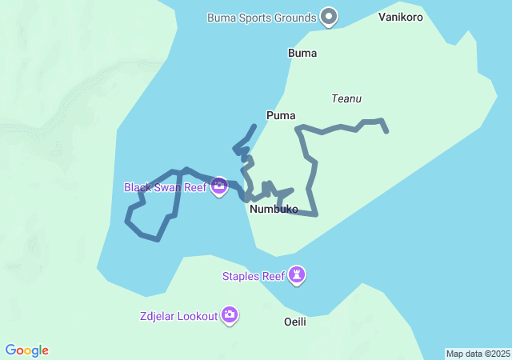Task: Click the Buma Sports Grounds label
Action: point(262,17)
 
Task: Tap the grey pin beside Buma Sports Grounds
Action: point(328,16)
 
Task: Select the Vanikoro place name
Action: point(401,17)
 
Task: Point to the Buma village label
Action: point(302,54)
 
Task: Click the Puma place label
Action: point(281,115)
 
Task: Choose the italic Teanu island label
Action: point(346,98)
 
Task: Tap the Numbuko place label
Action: point(274,210)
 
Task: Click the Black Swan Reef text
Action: point(165,187)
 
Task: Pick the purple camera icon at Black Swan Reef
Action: point(219,187)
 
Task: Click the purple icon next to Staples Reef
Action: point(298,275)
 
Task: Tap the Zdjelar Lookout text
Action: point(178,316)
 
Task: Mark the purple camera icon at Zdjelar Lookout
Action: point(230,315)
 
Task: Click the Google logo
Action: point(26,350)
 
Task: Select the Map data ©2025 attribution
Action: point(478,354)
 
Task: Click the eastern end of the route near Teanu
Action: point(387,130)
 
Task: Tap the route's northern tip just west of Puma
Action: point(254,126)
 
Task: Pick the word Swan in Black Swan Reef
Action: point(169,187)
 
